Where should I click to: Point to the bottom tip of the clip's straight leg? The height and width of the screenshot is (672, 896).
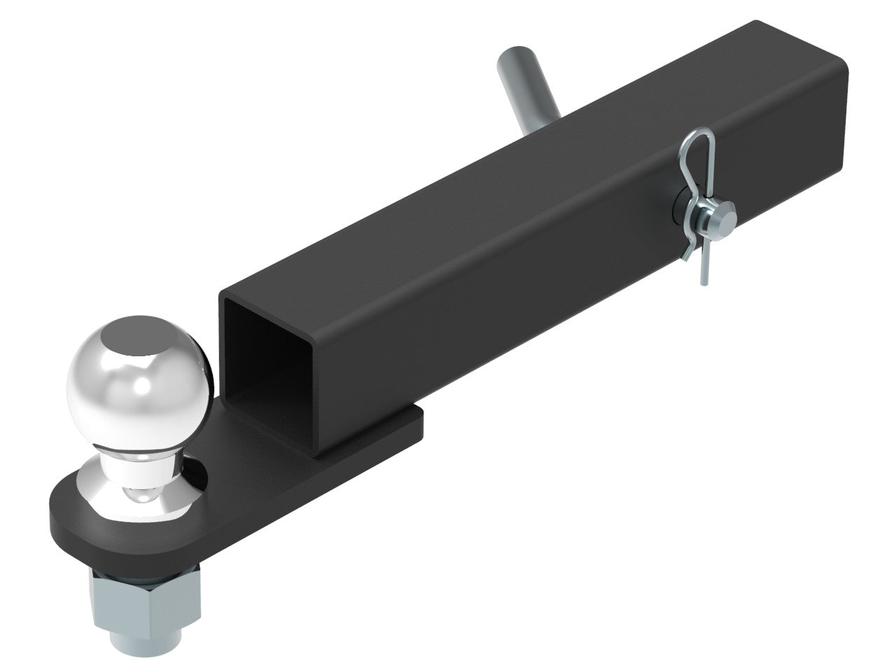click(x=701, y=282)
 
